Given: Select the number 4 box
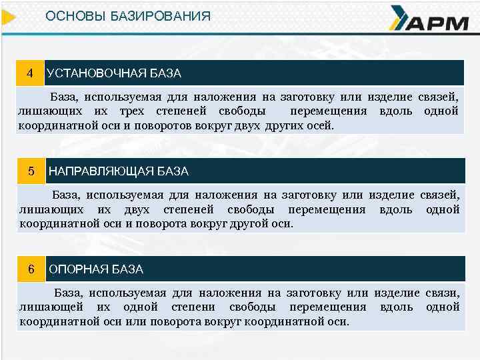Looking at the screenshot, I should point(29,72).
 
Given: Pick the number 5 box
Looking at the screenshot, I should point(31,171).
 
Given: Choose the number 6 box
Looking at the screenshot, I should point(31,269).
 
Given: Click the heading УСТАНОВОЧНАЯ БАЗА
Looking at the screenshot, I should point(114,73).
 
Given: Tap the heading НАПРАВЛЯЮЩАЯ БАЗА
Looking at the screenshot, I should point(119,171).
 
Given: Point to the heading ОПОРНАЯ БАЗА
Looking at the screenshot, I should point(97,270).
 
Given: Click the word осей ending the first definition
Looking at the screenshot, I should point(319,125).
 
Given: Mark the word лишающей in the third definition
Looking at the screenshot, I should point(51,307).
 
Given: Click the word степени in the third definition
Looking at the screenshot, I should point(193,307).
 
